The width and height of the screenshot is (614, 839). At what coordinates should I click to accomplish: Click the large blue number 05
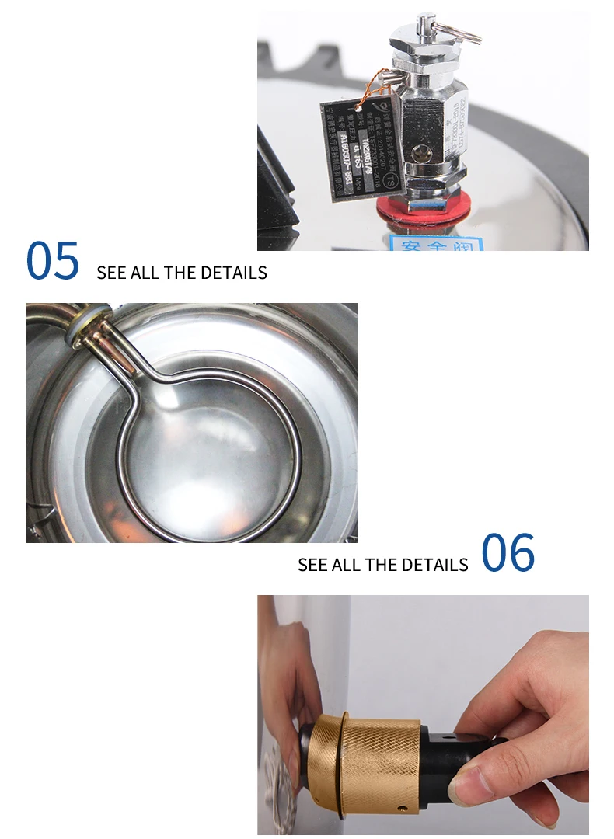tap(53, 261)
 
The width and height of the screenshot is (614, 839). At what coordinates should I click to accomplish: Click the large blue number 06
tap(508, 553)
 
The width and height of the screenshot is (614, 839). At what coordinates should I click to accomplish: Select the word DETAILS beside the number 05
tap(233, 273)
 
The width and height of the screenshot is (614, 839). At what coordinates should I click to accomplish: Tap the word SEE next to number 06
tap(313, 565)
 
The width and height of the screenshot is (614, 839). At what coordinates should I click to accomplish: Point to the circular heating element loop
tap(210, 458)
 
